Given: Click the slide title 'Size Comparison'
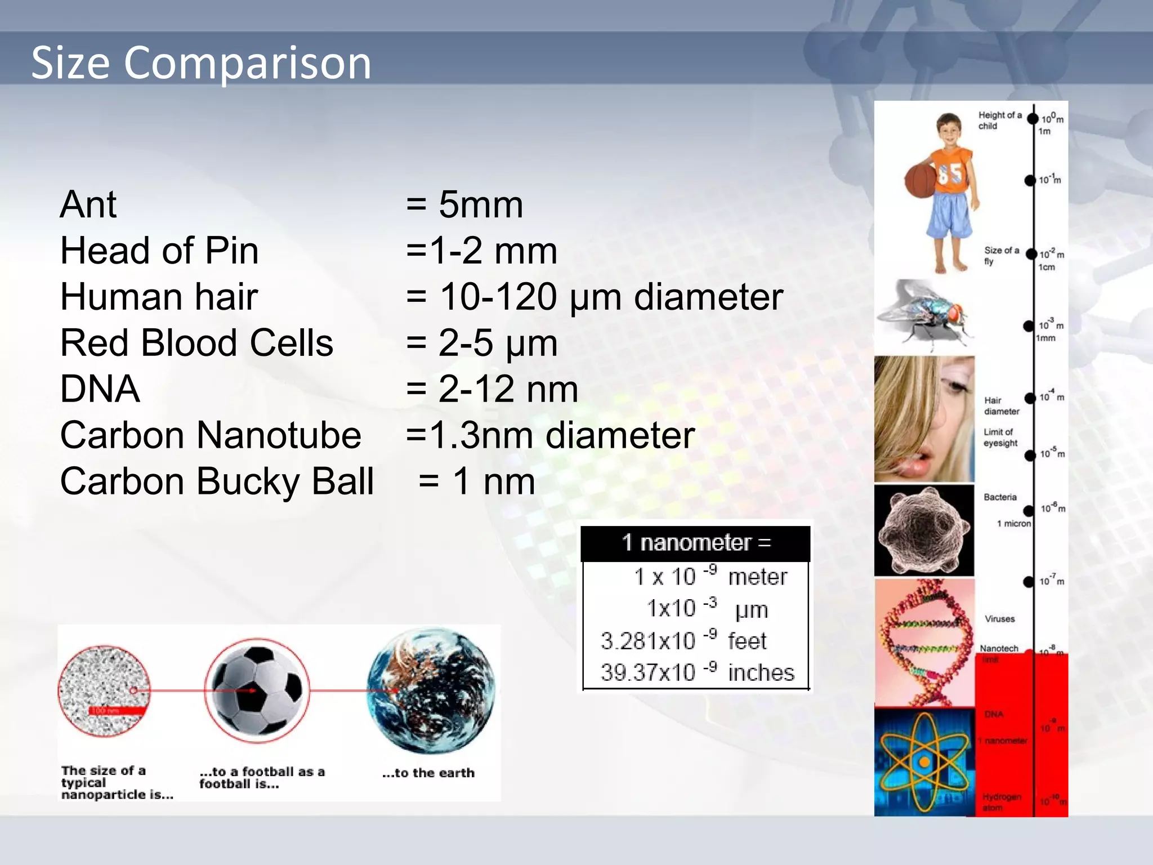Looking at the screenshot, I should point(201,63).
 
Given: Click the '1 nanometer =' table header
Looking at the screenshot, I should point(696,543).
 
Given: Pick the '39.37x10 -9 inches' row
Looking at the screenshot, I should point(697,672).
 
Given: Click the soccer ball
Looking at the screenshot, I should point(257,690).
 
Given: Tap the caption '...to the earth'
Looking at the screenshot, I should point(428,773).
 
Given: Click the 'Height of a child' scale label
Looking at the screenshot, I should point(999,120).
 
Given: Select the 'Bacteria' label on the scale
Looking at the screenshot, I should point(1000,497).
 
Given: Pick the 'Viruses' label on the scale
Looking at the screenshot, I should point(999,619).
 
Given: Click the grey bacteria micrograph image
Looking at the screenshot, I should point(924,530).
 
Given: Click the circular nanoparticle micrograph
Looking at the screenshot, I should point(105,691).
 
